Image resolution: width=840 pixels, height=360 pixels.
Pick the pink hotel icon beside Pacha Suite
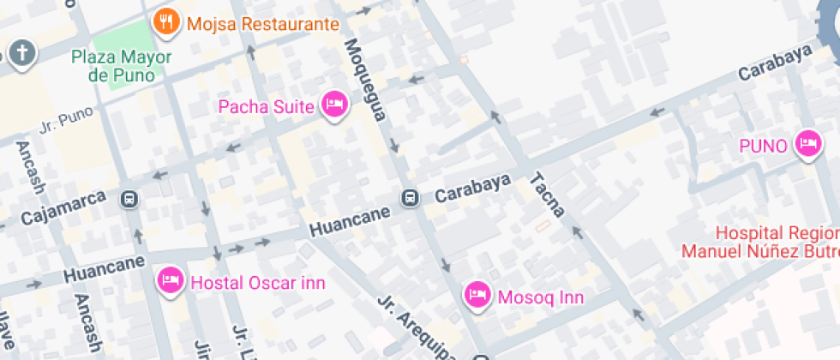point(333,105)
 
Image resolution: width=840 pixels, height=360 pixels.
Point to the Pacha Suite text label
point(267,106)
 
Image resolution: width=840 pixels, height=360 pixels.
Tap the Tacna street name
point(546,195)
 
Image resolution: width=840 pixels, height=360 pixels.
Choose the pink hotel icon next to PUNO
point(807,144)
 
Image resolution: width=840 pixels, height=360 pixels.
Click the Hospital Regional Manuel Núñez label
point(760,242)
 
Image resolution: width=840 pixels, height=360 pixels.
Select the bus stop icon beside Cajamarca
point(129,199)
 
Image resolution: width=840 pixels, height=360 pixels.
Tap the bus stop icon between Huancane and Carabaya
point(411,199)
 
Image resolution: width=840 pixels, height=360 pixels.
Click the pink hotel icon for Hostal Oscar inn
point(170,280)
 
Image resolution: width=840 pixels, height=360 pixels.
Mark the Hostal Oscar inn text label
point(257,282)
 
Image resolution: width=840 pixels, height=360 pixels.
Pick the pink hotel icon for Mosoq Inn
point(477,296)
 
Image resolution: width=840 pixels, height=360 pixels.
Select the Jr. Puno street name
point(66,121)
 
